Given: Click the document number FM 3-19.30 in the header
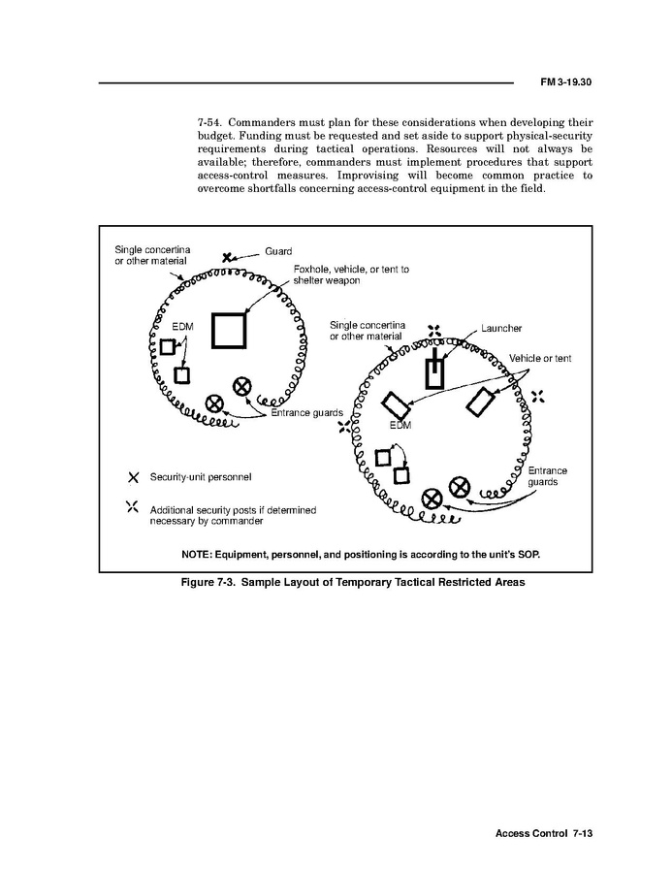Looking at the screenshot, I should pyautogui.click(x=565, y=82).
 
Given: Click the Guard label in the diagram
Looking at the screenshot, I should pyautogui.click(x=278, y=251).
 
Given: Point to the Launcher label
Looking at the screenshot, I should pyautogui.click(x=501, y=329).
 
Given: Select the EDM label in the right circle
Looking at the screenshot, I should pyautogui.click(x=400, y=425).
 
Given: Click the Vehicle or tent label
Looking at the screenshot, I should pyautogui.click(x=540, y=359).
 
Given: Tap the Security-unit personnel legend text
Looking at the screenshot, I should pyautogui.click(x=201, y=477).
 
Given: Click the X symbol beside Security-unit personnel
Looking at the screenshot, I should pyautogui.click(x=133, y=477).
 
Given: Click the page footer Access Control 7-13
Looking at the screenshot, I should pyautogui.click(x=542, y=833).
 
